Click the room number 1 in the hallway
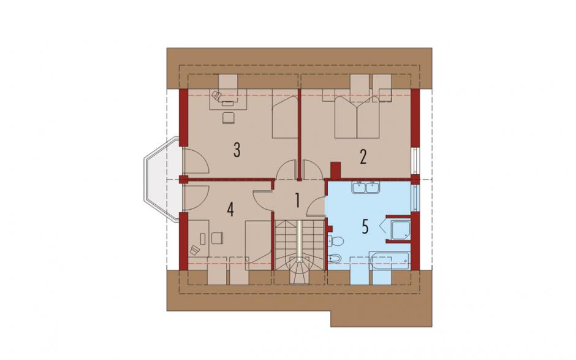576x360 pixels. coord(297,201)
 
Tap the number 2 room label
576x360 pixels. coord(363,158)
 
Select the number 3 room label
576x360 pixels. coord(237,150)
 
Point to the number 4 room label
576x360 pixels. coord(230,210)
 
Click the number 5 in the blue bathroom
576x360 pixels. coord(365,227)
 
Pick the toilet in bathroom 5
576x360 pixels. coord(335,241)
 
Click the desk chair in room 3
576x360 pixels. coord(229,117)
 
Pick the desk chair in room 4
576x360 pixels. coord(217,238)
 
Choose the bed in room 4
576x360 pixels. coord(259,245)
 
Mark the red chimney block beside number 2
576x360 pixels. coord(336,170)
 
